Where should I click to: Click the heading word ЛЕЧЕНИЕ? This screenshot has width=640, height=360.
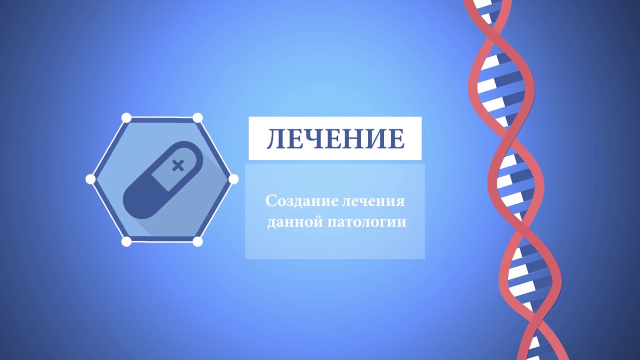[335, 139]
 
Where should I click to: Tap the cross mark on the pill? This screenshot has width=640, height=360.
[177, 165]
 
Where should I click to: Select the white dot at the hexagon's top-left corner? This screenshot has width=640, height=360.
[126, 118]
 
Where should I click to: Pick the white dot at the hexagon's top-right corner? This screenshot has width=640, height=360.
[197, 118]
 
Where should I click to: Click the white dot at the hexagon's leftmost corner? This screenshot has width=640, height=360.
[90, 179]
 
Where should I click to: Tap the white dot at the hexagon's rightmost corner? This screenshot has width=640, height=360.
[233, 179]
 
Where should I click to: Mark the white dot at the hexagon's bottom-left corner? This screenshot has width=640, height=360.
[126, 241]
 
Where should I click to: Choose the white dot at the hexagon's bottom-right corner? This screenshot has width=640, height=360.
[197, 241]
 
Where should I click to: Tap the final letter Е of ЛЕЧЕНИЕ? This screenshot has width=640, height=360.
[396, 139]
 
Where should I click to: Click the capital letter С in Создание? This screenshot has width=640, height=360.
[271, 201]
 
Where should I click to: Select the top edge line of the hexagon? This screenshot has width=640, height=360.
[162, 118]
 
